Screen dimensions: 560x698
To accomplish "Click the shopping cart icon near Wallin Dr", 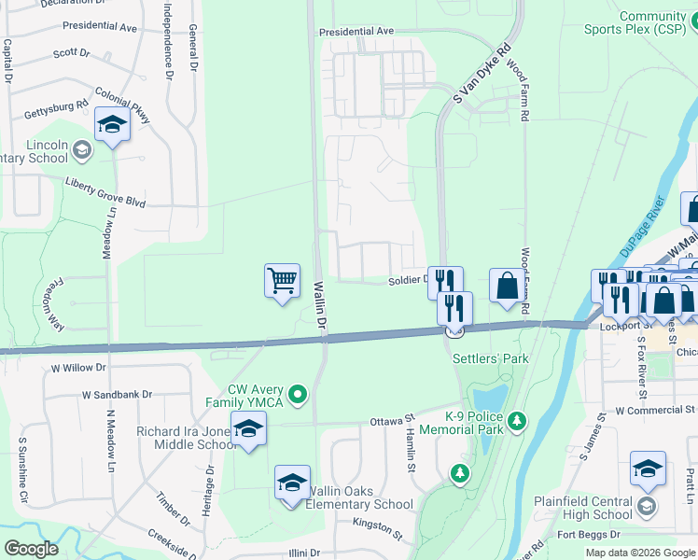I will click(282, 280).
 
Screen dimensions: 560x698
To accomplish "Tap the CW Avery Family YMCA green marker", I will click(298, 396).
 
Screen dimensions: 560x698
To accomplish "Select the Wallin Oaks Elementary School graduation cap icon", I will click(292, 483).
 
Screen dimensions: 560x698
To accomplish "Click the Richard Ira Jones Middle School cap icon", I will click(248, 429).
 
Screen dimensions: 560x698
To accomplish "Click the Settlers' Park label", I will click(490, 358).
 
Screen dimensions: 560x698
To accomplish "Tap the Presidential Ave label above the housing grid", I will click(356, 32).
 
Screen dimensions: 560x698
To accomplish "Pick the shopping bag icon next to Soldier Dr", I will click(507, 286).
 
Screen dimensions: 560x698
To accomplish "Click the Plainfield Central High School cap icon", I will click(648, 469).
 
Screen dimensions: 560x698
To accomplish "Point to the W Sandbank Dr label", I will click(117, 395).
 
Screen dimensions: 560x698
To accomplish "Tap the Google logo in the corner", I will click(32, 548).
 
